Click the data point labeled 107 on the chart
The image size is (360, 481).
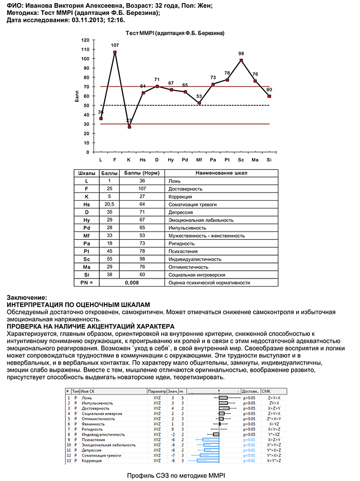(x=115, y=52)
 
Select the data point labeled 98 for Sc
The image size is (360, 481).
(x=241, y=60)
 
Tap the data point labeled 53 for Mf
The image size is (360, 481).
(x=199, y=103)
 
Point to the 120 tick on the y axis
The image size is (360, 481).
(x=85, y=40)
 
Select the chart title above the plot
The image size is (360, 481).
(x=175, y=32)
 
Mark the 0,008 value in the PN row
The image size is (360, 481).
(x=133, y=282)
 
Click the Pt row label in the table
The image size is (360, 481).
(x=86, y=251)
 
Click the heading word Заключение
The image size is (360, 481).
(x=26, y=297)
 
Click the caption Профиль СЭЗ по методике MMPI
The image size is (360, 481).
(x=176, y=475)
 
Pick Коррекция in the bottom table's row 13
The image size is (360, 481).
(x=93, y=460)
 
